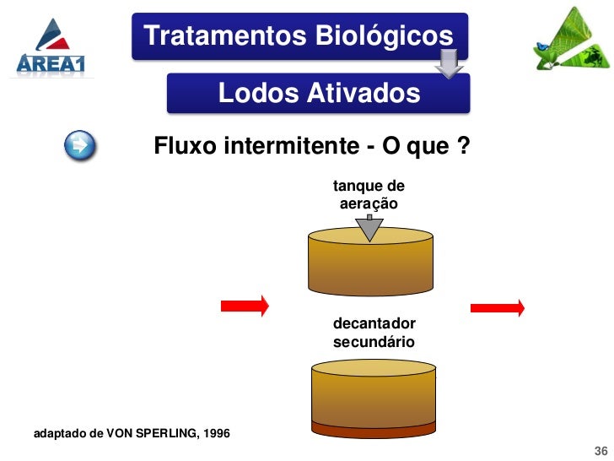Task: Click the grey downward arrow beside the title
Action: [450, 62]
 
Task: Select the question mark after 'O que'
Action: [463, 147]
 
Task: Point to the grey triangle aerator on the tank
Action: [369, 228]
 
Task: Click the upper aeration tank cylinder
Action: [369, 263]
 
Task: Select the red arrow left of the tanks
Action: [245, 305]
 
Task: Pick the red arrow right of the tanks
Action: [497, 307]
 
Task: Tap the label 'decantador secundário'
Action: [374, 333]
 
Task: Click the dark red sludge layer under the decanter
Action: [372, 431]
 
